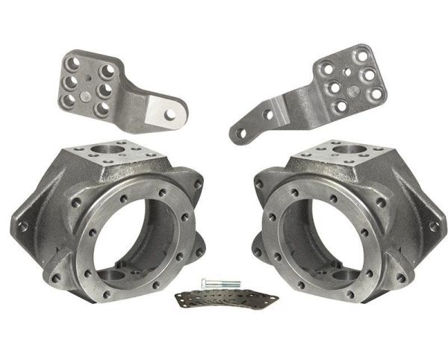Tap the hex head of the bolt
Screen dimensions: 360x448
205,284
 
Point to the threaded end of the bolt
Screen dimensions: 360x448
234,285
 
